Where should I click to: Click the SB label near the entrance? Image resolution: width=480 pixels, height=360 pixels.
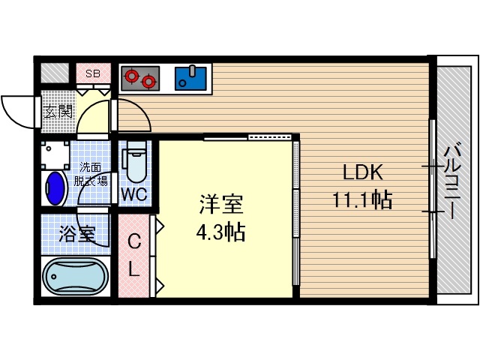pos(93,73)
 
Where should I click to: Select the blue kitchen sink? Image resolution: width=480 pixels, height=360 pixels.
pos(192,76)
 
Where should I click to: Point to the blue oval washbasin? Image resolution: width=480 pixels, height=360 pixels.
pos(55,186)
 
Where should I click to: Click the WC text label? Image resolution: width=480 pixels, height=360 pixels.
pos(134,193)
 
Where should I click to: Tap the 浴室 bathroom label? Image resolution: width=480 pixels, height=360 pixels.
pos(76,233)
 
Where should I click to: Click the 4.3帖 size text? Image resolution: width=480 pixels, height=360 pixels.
pos(220,232)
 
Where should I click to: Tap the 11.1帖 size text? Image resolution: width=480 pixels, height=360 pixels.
pos(364,200)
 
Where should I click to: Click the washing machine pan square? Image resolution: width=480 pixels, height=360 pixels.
pos(55,153)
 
